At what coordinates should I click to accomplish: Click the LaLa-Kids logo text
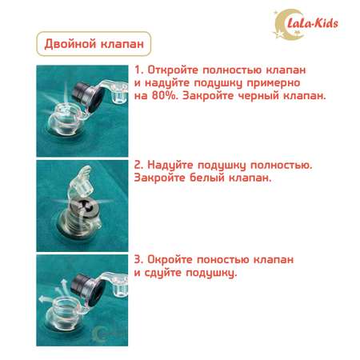coord(313,23)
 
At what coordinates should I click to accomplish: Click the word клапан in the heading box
coord(120,44)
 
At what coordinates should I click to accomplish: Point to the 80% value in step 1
coord(165,96)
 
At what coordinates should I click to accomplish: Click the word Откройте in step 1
coord(173,70)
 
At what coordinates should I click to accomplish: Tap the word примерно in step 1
coord(274,83)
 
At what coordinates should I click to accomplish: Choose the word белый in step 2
coord(206,178)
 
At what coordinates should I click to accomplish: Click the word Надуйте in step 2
coord(170,165)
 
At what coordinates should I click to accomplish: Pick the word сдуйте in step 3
coord(163,273)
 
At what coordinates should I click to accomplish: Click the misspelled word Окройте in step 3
coord(170,259)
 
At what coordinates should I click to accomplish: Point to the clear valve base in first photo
coord(65,119)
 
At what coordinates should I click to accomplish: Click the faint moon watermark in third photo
coord(98,334)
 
